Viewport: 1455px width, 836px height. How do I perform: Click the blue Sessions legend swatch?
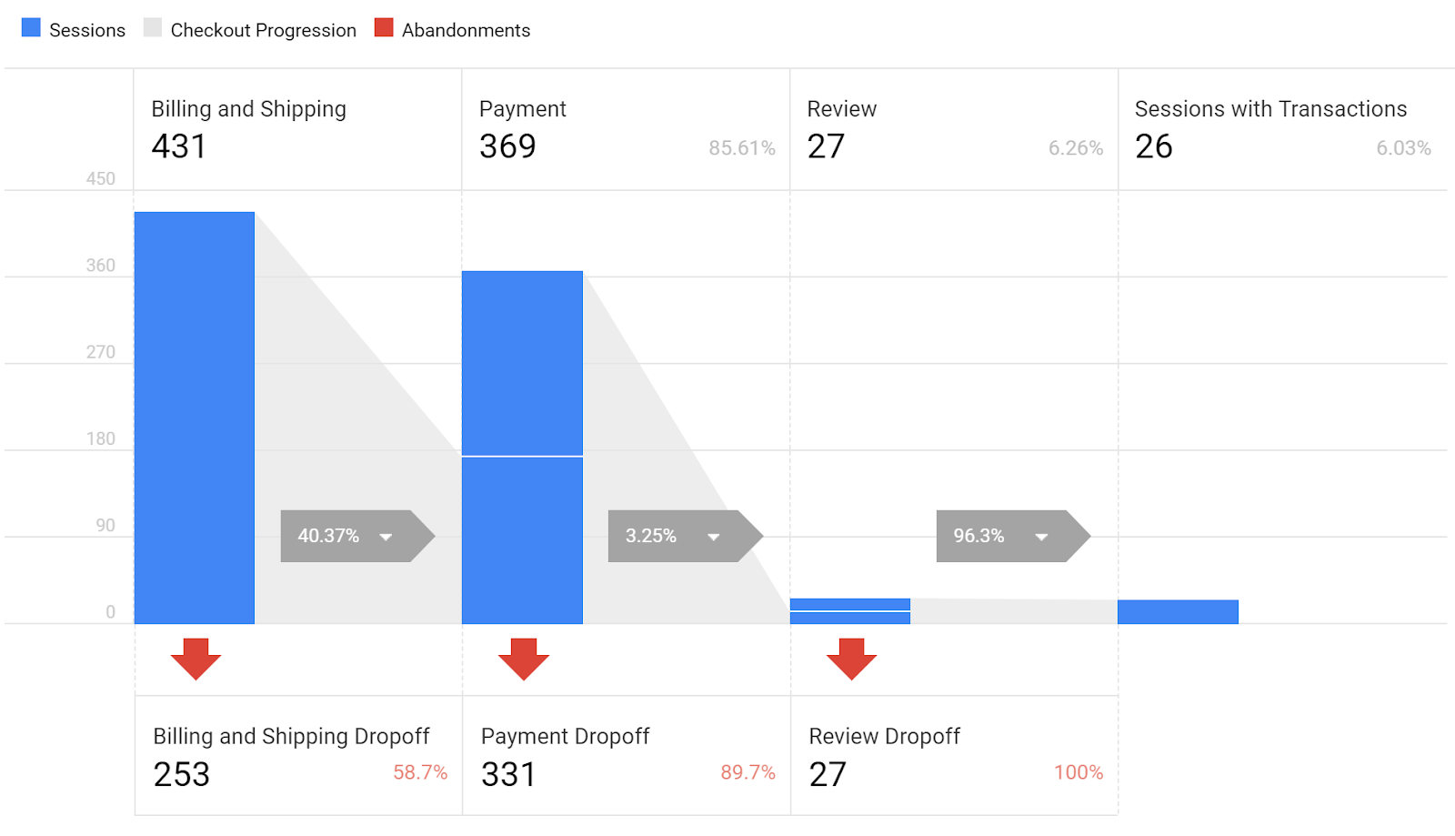click(x=31, y=28)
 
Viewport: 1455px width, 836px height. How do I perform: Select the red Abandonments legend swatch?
click(x=384, y=28)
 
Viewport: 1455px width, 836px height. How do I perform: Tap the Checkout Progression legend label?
click(x=263, y=30)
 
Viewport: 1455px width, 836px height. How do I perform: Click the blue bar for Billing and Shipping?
click(x=195, y=418)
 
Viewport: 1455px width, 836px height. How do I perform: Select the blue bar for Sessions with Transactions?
click(x=1178, y=612)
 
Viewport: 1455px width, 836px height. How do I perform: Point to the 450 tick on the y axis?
click(x=101, y=179)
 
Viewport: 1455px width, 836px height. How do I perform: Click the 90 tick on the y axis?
click(x=105, y=526)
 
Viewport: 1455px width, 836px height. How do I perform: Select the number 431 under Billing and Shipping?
click(x=179, y=146)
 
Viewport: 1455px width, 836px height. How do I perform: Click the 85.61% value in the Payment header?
click(x=742, y=148)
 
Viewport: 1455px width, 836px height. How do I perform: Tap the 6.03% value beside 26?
click(x=1403, y=148)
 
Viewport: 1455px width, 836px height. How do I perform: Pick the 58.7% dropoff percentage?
click(x=420, y=772)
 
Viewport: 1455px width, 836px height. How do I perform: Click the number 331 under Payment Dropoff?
click(x=508, y=774)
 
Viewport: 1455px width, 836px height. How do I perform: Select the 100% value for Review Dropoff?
click(x=1079, y=772)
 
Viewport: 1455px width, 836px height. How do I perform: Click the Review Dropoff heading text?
click(x=884, y=736)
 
